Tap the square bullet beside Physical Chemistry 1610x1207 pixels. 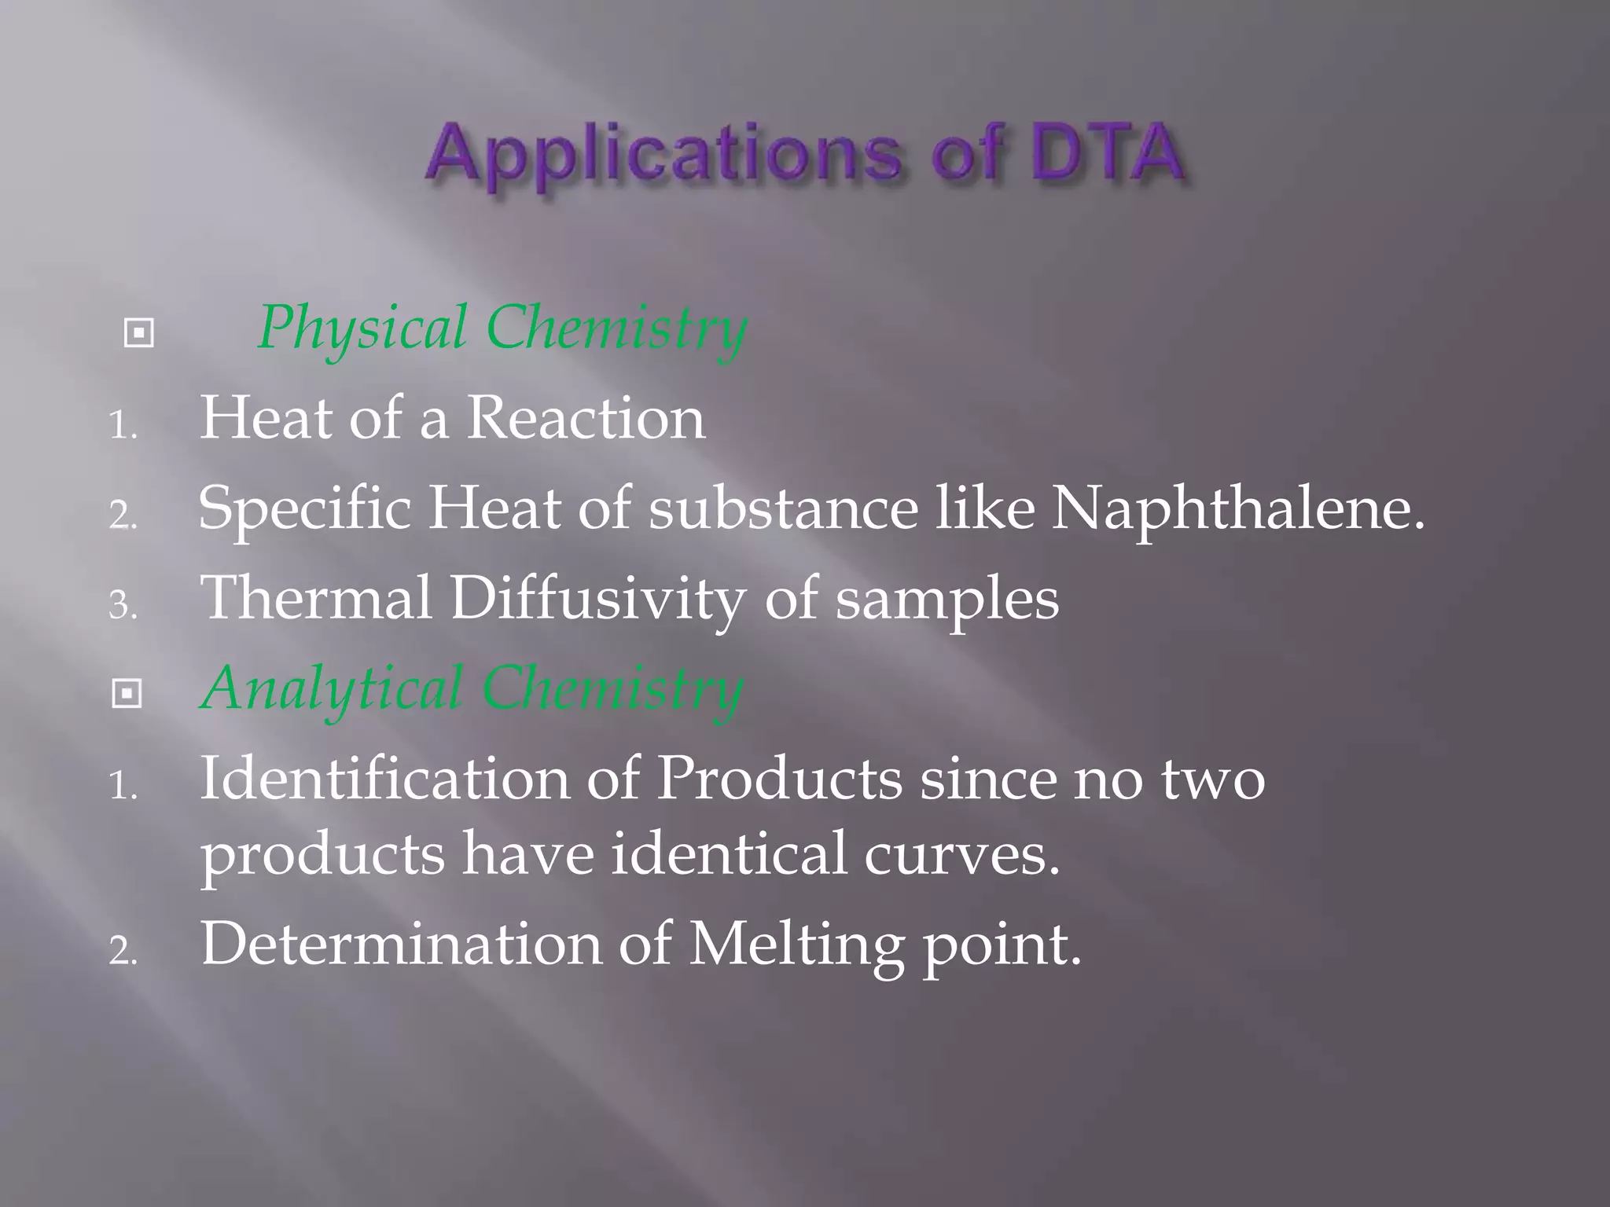pyautogui.click(x=139, y=334)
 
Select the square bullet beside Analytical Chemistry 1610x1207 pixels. pyautogui.click(x=127, y=694)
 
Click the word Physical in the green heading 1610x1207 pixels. pyautogui.click(x=362, y=328)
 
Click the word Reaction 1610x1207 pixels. pyautogui.click(x=586, y=418)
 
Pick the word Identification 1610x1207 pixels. pyautogui.click(x=384, y=779)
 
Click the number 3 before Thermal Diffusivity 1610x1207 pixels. pyautogui.click(x=122, y=606)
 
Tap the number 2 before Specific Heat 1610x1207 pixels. pyautogui.click(x=122, y=516)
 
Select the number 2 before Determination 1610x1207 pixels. pyautogui.click(x=122, y=952)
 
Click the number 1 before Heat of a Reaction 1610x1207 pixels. pyautogui.click(x=122, y=427)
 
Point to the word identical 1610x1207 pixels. pyautogui.click(x=729, y=854)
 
